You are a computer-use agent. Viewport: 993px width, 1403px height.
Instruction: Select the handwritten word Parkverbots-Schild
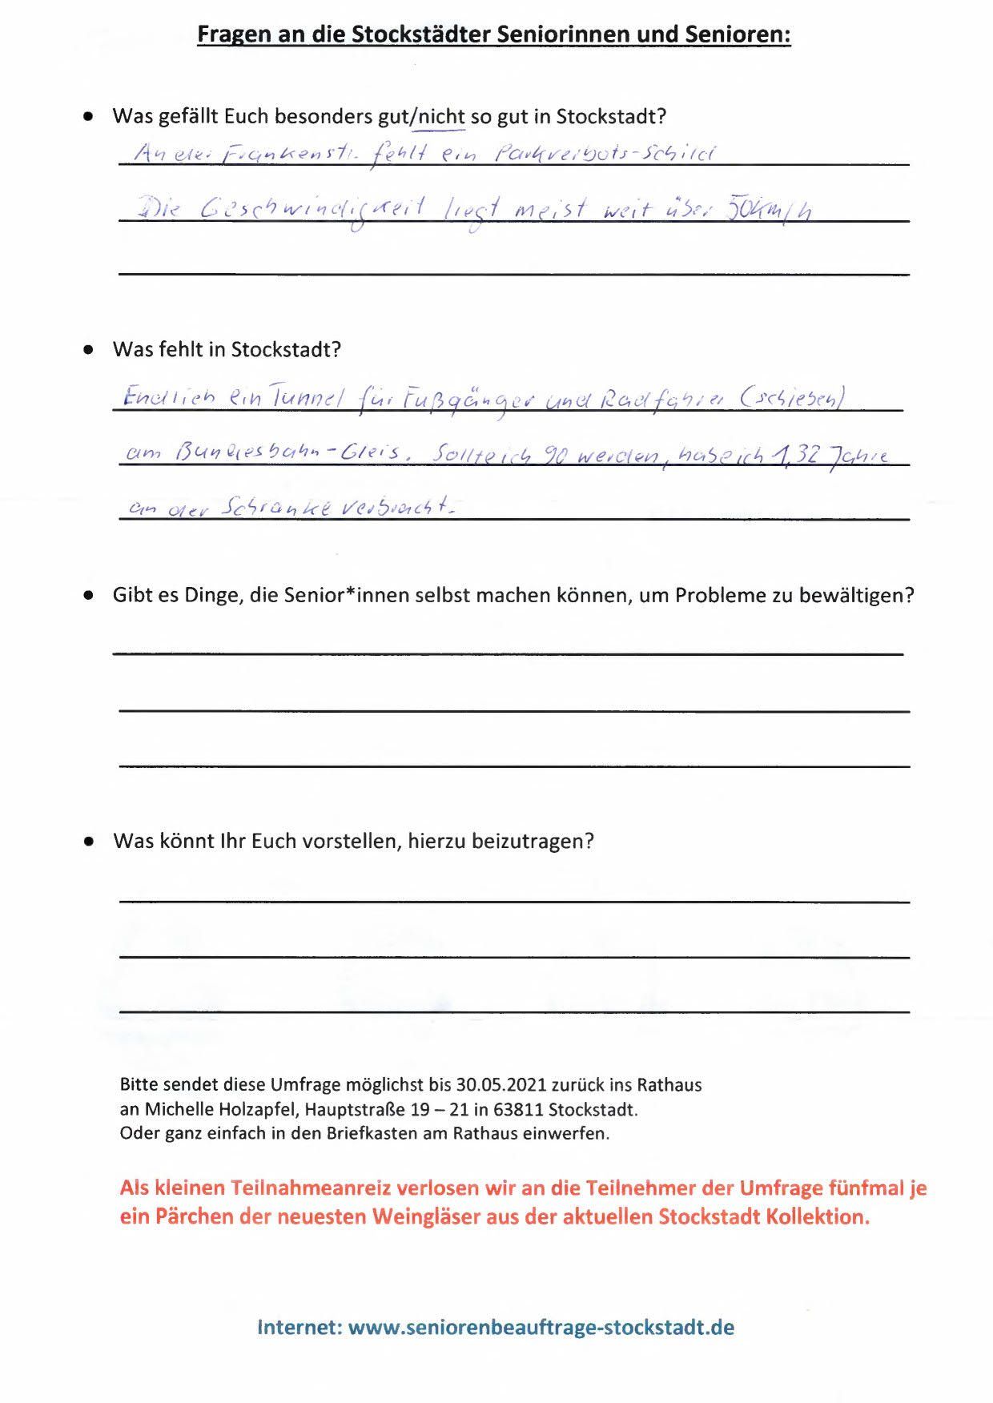click(605, 153)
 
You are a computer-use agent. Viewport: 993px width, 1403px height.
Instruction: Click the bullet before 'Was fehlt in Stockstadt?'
click(90, 350)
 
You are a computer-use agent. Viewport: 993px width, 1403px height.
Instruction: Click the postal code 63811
click(539, 1110)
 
